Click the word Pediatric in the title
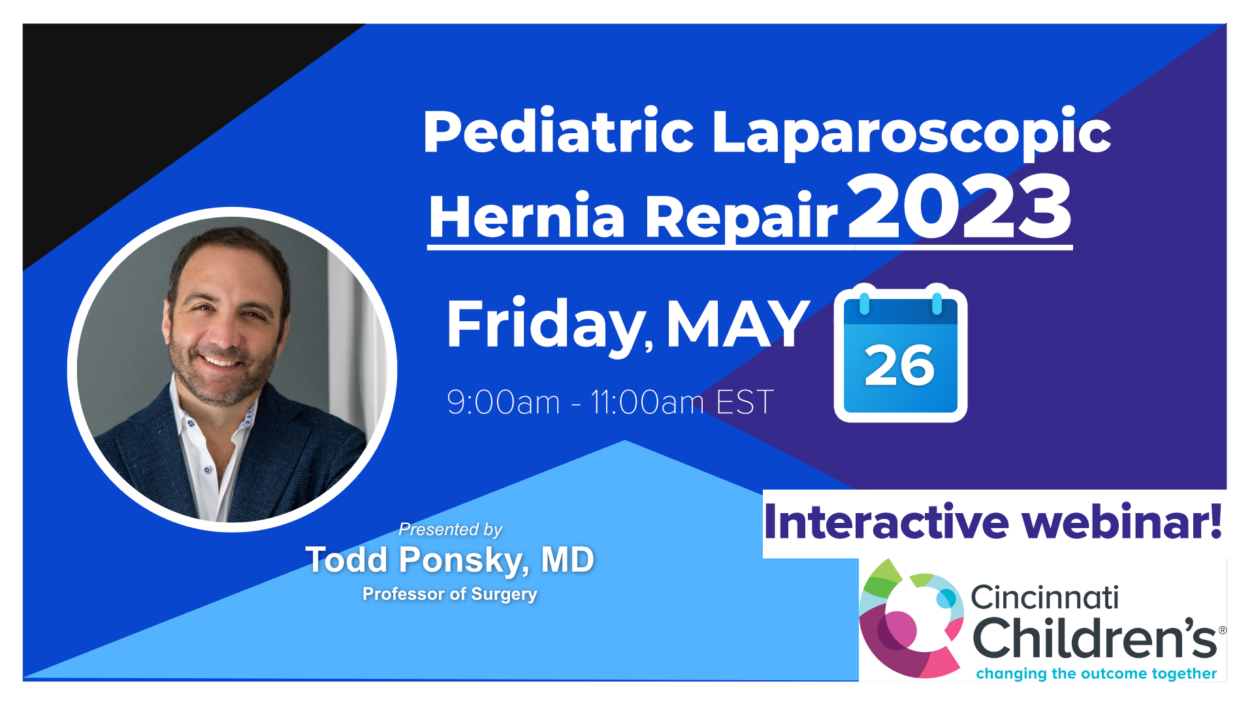point(558,132)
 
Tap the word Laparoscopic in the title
point(911,133)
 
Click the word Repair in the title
point(741,217)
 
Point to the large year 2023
point(959,207)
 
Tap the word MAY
point(738,324)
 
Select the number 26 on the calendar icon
point(899,366)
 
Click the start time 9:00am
point(504,402)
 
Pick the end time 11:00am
point(647,402)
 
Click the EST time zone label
point(745,402)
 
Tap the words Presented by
point(450,529)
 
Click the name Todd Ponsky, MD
point(450,560)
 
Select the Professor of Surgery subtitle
point(450,594)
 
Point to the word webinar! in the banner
point(1122,522)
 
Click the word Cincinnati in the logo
point(1044,597)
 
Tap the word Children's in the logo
point(1095,638)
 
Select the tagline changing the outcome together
point(1096,673)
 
